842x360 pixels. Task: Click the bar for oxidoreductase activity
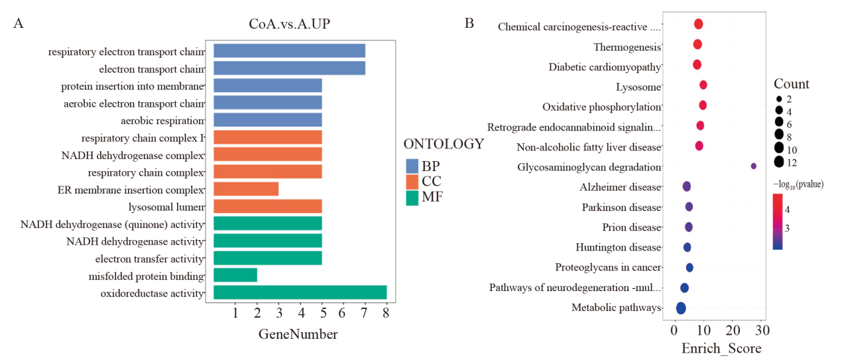coord(300,292)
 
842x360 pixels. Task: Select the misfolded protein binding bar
coord(235,275)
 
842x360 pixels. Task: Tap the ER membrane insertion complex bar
coord(246,190)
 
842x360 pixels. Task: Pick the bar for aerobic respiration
coord(268,120)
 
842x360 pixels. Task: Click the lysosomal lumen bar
coord(268,207)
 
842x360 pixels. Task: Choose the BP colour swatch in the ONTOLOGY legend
coord(412,166)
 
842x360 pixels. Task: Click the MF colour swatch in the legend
coord(412,197)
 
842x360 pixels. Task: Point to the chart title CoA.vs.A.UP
coord(289,24)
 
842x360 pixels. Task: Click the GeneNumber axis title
coord(298,334)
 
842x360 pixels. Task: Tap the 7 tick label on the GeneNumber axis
coord(365,313)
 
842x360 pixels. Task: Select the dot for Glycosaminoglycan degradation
coord(753,166)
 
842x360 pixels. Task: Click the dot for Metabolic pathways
coord(680,308)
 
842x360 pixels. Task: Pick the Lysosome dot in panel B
coord(703,85)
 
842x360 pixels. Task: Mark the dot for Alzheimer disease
coord(687,186)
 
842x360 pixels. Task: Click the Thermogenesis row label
coord(627,47)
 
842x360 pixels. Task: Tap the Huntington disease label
coord(618,248)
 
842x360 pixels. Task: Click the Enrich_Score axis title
coord(721,348)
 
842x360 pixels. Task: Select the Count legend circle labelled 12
coord(779,162)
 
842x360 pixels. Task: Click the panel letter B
coord(469,23)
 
